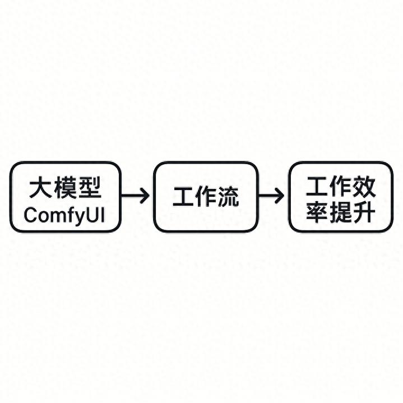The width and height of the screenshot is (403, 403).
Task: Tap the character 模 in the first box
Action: [x=66, y=187]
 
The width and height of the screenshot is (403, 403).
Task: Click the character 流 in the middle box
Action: [x=228, y=197]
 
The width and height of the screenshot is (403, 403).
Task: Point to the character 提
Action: [x=340, y=212]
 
